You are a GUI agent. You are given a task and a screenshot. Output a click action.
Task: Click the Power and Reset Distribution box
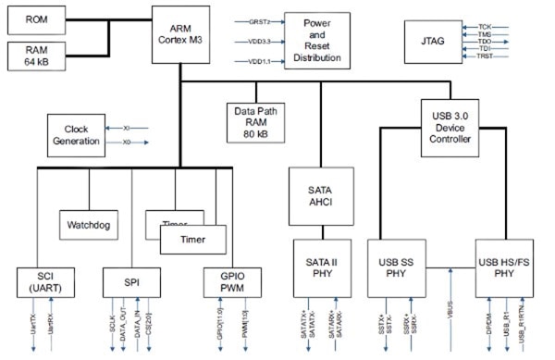(x=319, y=41)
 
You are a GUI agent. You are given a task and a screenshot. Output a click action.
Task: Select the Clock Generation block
(x=81, y=134)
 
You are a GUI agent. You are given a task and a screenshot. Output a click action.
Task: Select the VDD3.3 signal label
(x=262, y=41)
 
